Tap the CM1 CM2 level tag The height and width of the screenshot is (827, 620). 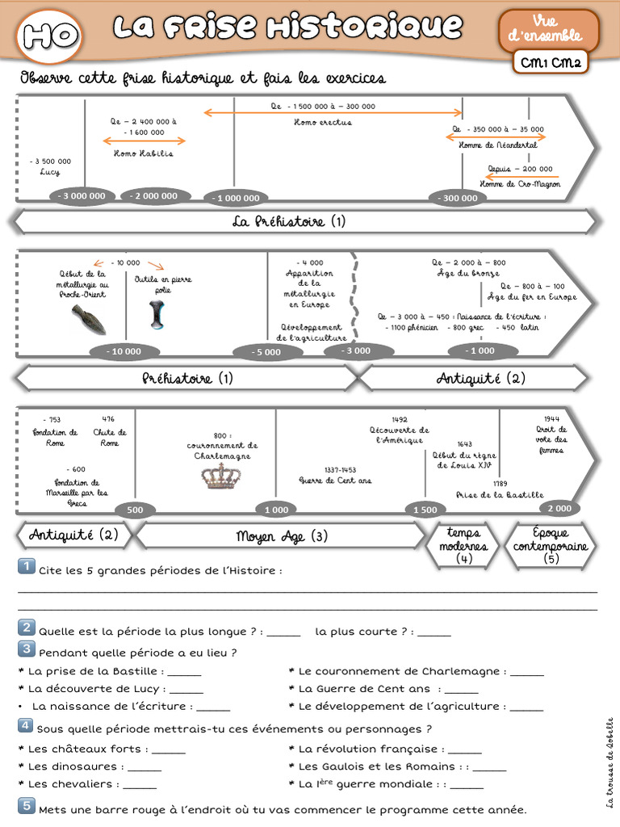click(552, 62)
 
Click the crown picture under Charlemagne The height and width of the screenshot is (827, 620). click(220, 476)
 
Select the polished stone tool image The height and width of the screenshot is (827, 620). click(157, 314)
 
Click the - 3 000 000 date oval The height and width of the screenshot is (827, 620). click(82, 196)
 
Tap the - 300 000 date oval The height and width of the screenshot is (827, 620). click(457, 198)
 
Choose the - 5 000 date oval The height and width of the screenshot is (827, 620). click(265, 352)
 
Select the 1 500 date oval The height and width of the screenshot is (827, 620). click(425, 510)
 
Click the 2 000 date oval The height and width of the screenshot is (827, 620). click(559, 508)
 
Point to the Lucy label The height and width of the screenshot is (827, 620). click(49, 172)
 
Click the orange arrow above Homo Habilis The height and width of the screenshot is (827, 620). click(143, 141)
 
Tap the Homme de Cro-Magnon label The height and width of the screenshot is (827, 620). click(519, 184)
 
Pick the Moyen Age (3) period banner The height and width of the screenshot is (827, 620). click(281, 536)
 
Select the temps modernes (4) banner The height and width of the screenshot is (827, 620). click(463, 544)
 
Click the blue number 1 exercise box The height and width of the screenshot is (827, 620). click(26, 567)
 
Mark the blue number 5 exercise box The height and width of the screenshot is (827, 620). click(26, 806)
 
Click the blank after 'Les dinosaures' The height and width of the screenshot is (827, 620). click(144, 766)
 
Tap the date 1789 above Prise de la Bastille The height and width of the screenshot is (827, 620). click(500, 483)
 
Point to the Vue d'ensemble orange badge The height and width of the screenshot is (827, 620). click(549, 29)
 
